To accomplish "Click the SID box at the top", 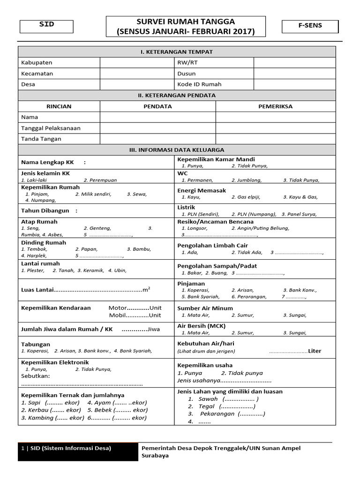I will (46, 26).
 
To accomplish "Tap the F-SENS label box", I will (310, 26).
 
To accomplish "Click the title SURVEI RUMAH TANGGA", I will (186, 22).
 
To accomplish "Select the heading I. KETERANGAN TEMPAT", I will (177, 52).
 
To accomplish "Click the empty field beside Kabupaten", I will (137, 63).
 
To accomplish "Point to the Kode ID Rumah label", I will (199, 84).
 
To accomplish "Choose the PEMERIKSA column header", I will (275, 106).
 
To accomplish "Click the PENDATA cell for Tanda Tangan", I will (157, 139).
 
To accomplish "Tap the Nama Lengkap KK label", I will (48, 162).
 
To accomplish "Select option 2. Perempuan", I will (100, 180).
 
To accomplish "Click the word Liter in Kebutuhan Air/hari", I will (315, 351).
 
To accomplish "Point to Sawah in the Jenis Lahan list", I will (208, 399).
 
